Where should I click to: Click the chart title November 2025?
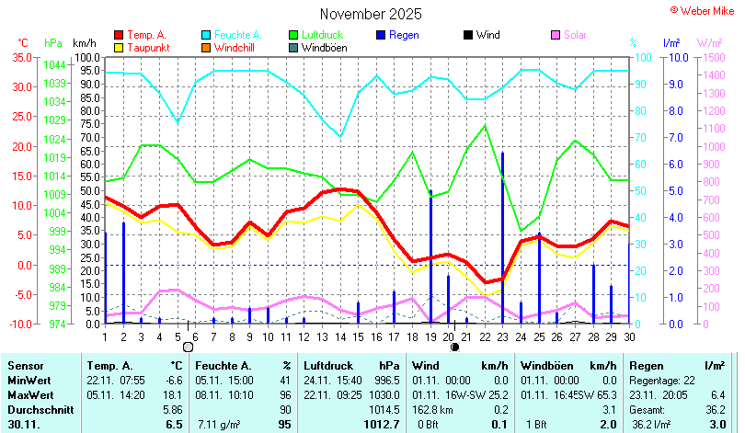click(x=371, y=14)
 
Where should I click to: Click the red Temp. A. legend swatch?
click(x=118, y=35)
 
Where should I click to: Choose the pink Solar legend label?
click(x=575, y=35)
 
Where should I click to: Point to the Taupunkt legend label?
click(x=147, y=47)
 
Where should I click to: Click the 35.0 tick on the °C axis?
click(x=20, y=57)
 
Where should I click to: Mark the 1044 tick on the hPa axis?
click(x=54, y=64)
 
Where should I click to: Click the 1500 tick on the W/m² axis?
click(x=710, y=57)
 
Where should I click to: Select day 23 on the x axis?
click(x=502, y=336)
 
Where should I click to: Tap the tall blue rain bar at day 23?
click(x=502, y=239)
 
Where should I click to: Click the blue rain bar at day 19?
click(x=430, y=257)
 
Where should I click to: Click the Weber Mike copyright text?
click(x=705, y=9)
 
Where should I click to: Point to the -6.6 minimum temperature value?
click(x=173, y=380)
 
